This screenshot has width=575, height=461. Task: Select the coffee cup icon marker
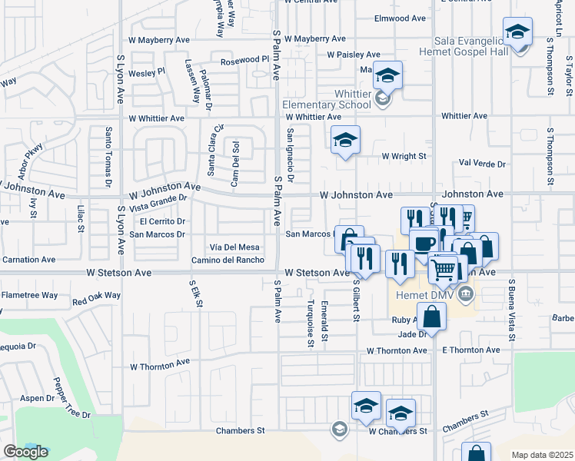[x=423, y=242]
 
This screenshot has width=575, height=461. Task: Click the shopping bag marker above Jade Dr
[x=433, y=316]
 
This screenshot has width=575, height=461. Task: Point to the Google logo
[x=25, y=452]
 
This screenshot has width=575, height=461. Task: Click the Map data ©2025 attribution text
[x=542, y=455]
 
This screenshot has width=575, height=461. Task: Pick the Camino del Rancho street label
[x=228, y=260]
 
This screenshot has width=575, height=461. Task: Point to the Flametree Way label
[x=29, y=294]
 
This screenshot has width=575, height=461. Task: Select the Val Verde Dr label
[x=482, y=164]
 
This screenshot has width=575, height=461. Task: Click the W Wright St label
[x=404, y=156]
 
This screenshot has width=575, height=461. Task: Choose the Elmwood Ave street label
[x=400, y=18]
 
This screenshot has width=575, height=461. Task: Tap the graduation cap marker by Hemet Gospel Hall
[x=518, y=33]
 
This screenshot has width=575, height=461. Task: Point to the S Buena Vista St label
[x=510, y=307]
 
